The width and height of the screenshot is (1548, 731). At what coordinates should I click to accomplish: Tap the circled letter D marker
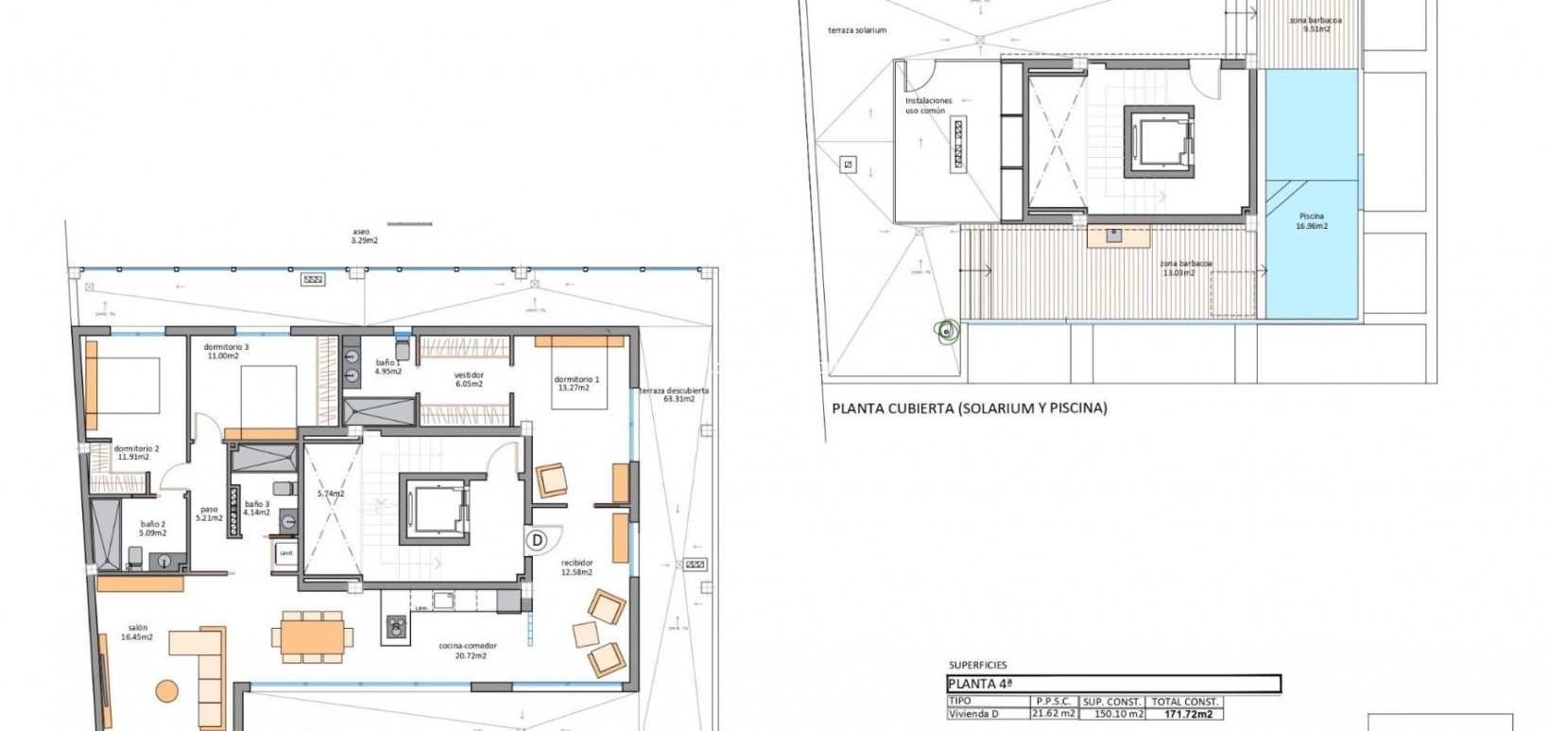coord(537,540)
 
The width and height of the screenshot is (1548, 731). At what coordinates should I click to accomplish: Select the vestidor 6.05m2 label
coord(469,379)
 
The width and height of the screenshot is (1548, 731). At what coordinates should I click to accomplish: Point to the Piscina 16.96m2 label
coord(1311,221)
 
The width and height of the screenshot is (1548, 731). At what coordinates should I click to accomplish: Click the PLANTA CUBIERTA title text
coord(969,409)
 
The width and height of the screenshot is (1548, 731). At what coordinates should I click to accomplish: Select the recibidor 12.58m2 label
coord(576,567)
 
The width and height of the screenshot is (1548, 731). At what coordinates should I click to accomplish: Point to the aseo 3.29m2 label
coord(361,235)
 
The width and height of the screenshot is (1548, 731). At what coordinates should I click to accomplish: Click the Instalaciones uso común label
coord(928,105)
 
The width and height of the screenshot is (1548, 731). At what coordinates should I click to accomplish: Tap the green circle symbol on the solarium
coord(946,330)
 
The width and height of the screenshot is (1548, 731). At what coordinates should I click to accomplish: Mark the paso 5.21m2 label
coord(208,513)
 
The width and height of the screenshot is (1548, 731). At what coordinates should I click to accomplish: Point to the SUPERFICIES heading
coord(977,665)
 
